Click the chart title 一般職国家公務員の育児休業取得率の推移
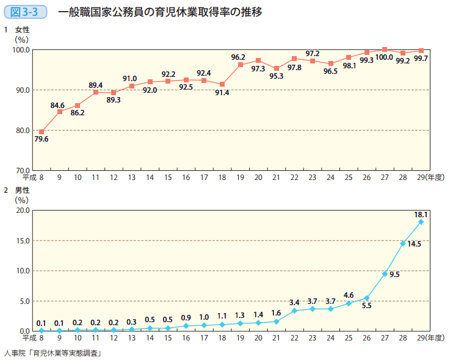[160, 12]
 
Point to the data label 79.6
[42, 139]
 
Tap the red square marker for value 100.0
[385, 49]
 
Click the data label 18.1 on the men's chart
[421, 215]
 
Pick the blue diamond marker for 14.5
[403, 243]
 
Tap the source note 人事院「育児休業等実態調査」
[53, 352]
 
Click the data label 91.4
[222, 93]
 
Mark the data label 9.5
[394, 275]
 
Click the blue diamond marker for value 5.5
[367, 298]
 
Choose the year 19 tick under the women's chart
[240, 177]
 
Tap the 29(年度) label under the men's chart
[430, 337]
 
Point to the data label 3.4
[294, 303]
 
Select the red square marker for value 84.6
[60, 112]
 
